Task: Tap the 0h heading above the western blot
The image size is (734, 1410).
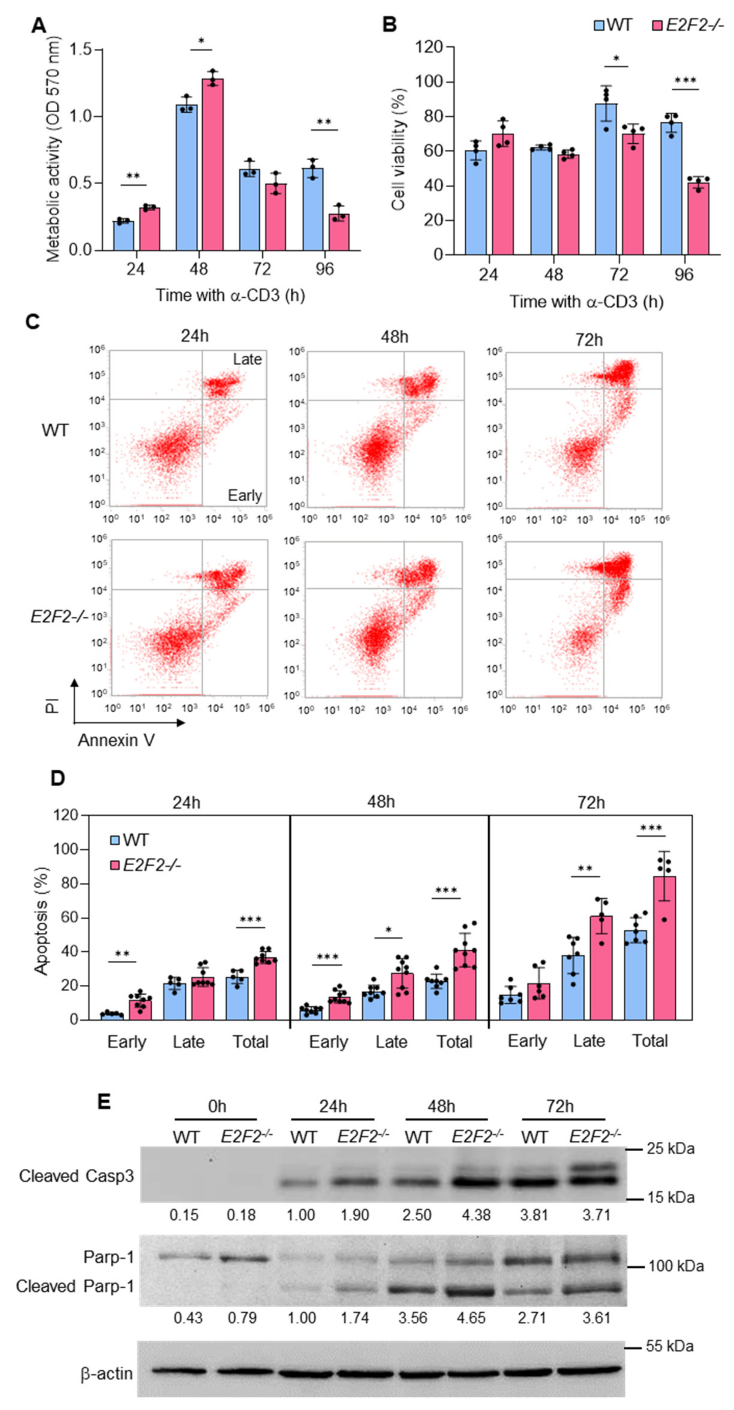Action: click(x=217, y=1107)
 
